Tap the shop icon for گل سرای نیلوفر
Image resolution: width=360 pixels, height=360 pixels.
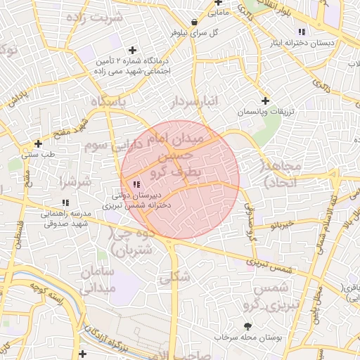[x=194, y=22]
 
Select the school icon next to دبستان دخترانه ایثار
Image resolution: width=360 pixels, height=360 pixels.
[x=302, y=32]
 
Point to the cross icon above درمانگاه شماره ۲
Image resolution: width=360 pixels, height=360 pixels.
[x=132, y=50]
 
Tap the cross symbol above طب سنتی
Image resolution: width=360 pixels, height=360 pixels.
[x=38, y=143]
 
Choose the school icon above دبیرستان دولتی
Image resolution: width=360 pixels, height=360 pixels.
[x=136, y=184]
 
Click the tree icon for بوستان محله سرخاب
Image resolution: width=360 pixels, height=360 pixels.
[x=247, y=326]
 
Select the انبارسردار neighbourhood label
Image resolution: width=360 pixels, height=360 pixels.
[x=194, y=103]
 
